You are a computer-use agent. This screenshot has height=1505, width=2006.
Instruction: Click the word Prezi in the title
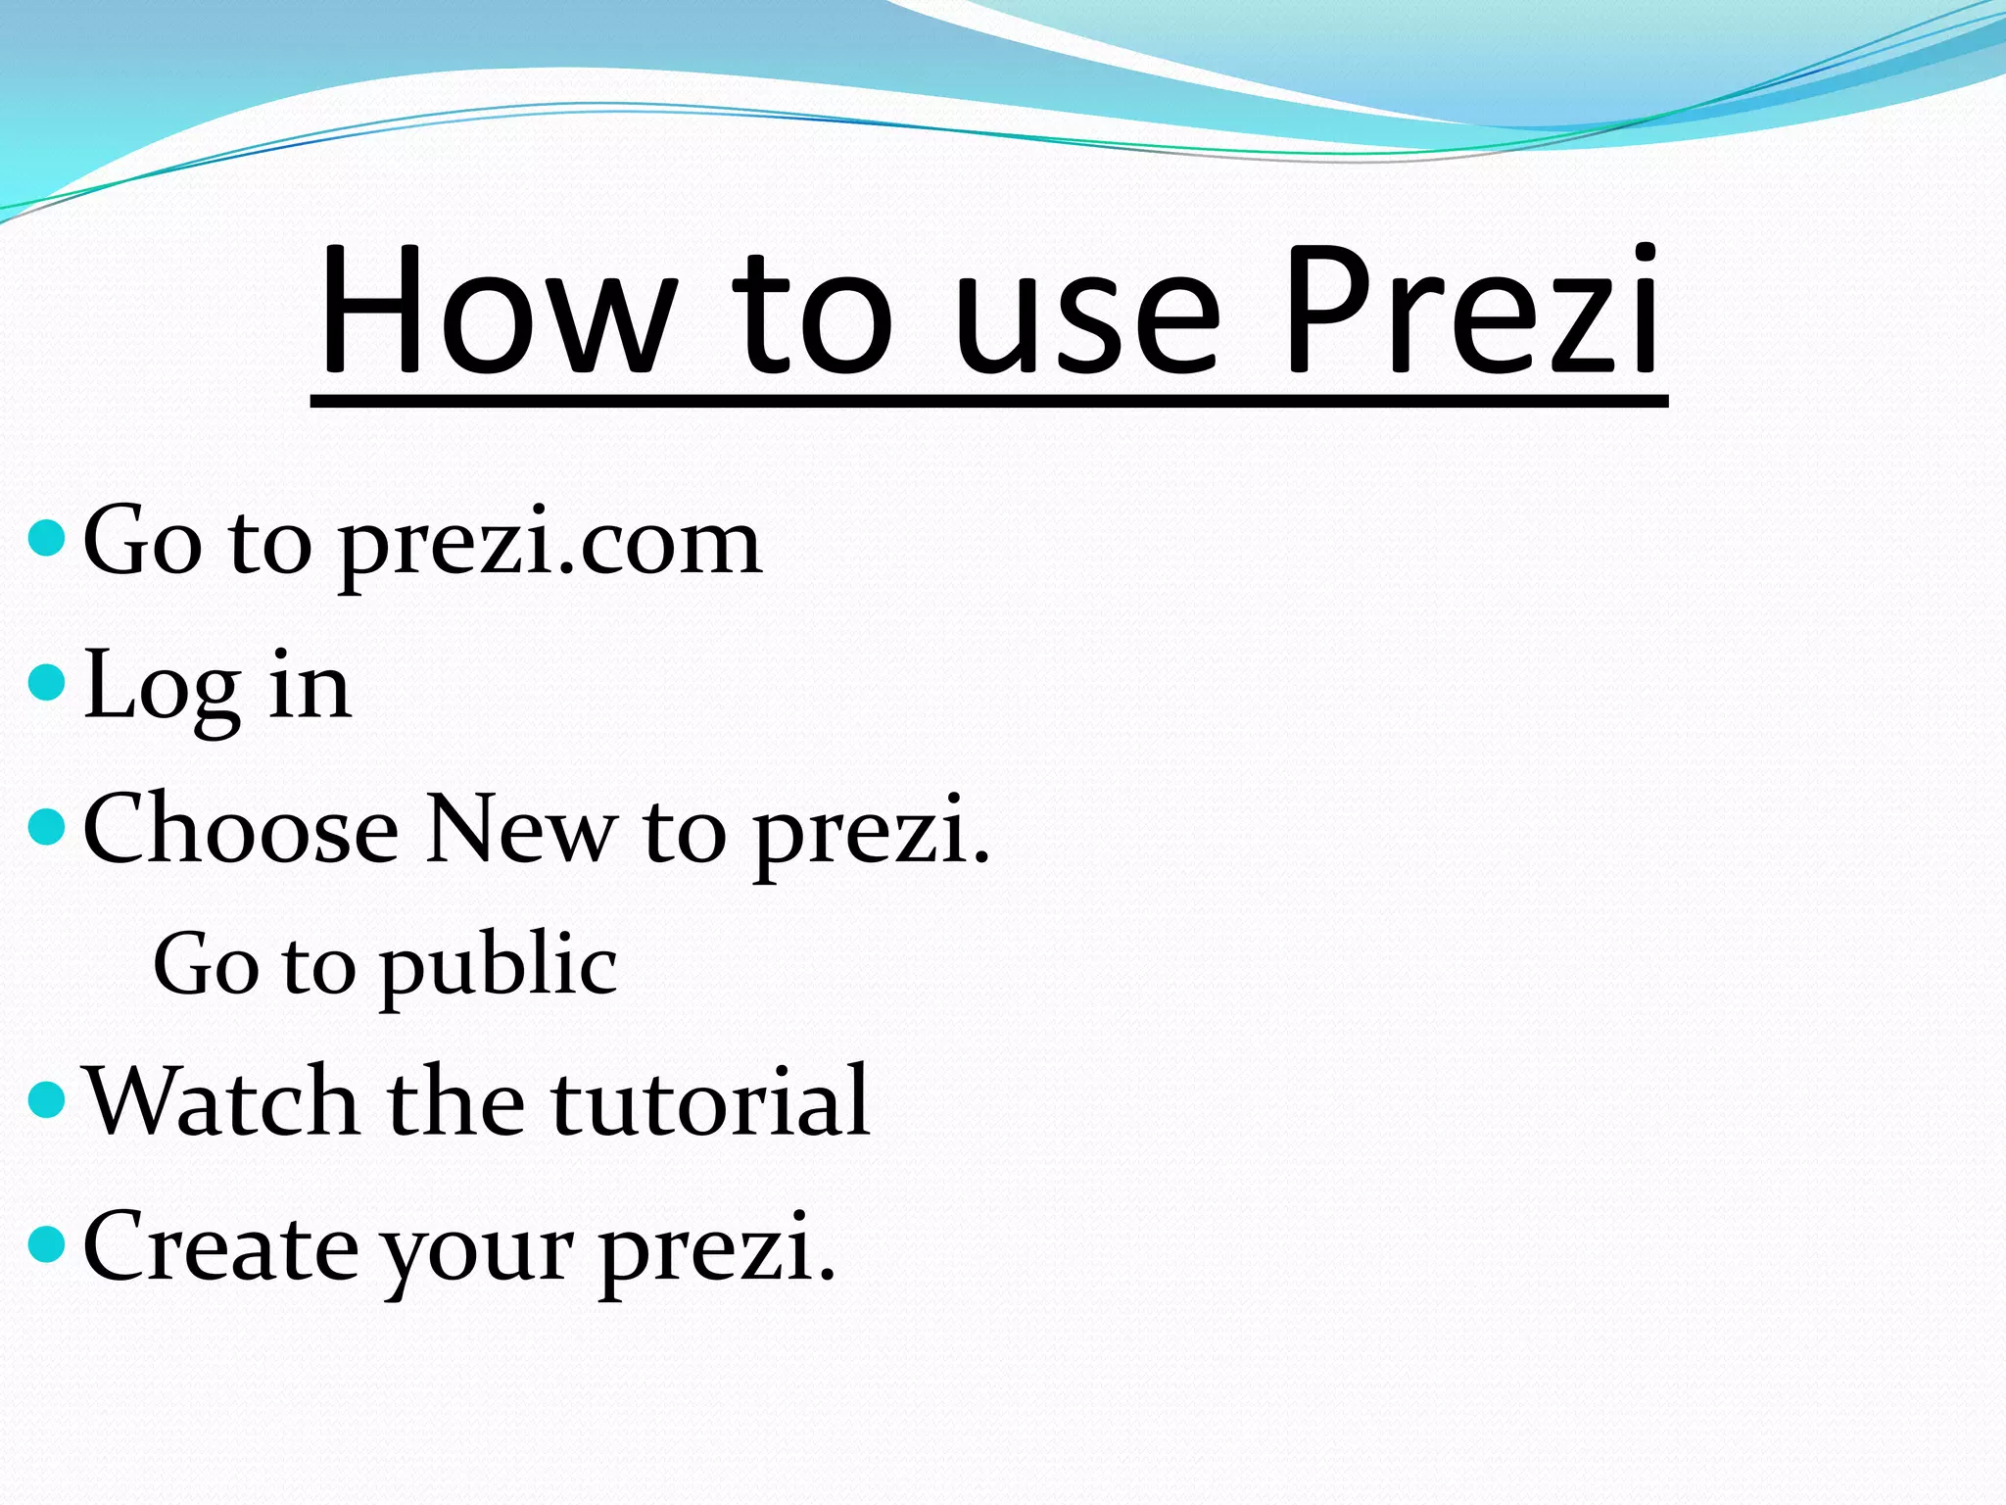[1469, 312]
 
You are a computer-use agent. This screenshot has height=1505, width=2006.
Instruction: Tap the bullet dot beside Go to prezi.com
[47, 538]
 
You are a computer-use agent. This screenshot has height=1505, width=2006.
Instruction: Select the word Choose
[241, 829]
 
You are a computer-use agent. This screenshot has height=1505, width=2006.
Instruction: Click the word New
[521, 829]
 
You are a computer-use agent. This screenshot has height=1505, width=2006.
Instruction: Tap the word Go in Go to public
[205, 965]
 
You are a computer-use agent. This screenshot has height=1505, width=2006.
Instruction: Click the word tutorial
[710, 1101]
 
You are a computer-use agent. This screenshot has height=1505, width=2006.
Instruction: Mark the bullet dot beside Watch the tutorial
[47, 1099]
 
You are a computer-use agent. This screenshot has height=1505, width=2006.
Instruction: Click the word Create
[221, 1246]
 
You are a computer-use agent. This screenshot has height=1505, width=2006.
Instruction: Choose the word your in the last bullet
[477, 1254]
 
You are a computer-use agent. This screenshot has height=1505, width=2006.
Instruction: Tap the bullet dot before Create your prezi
[47, 1244]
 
